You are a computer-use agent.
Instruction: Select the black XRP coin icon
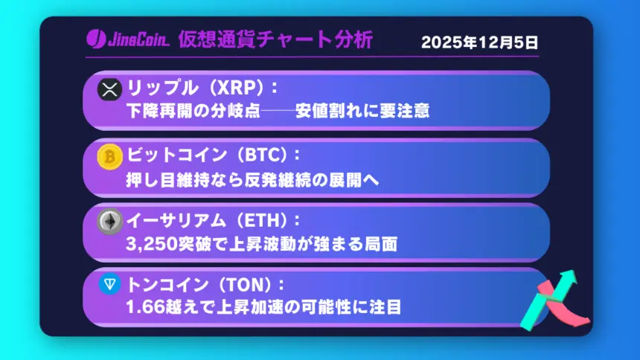(x=109, y=91)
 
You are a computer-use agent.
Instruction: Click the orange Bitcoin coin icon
(x=109, y=156)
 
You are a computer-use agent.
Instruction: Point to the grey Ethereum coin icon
(x=109, y=221)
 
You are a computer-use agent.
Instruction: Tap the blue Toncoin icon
(x=109, y=284)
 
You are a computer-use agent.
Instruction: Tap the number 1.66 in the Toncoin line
(x=143, y=307)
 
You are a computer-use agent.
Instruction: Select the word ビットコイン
(x=173, y=155)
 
